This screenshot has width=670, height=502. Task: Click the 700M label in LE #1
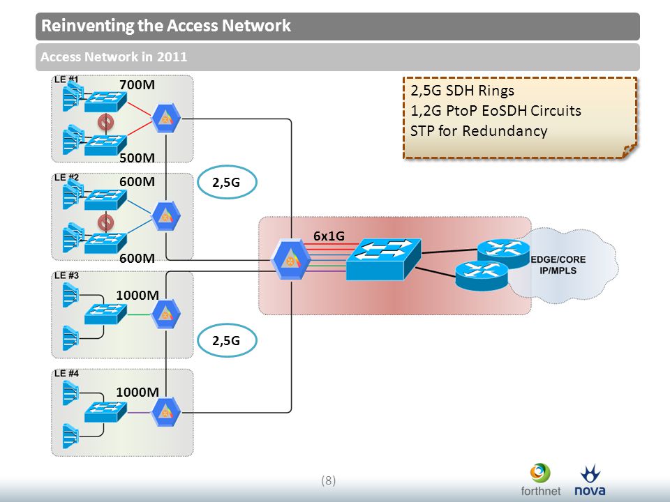[137, 84]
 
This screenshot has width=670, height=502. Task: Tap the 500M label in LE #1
[137, 158]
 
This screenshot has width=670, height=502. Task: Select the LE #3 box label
[67, 275]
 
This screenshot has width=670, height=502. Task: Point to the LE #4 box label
[67, 374]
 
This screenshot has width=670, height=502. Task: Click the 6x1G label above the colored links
[329, 236]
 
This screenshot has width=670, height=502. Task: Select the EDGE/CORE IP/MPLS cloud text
[558, 265]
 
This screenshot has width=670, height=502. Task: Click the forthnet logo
[540, 480]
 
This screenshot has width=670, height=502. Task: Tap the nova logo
[590, 480]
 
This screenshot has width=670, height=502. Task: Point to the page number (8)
[328, 480]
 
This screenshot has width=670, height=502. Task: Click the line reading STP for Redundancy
[479, 130]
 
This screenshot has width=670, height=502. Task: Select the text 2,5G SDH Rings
[462, 91]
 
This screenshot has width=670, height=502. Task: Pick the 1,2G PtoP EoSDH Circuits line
[496, 111]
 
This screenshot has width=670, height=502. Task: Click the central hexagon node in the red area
[291, 260]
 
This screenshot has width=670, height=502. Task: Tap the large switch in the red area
[383, 259]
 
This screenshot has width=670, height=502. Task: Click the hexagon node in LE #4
[166, 412]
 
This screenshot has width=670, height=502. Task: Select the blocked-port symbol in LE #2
[105, 222]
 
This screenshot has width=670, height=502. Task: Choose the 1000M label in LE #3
[137, 295]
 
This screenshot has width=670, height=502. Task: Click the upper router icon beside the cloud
[503, 253]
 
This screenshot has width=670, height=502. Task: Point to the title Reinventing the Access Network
[166, 26]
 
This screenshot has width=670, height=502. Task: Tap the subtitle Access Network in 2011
[114, 56]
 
